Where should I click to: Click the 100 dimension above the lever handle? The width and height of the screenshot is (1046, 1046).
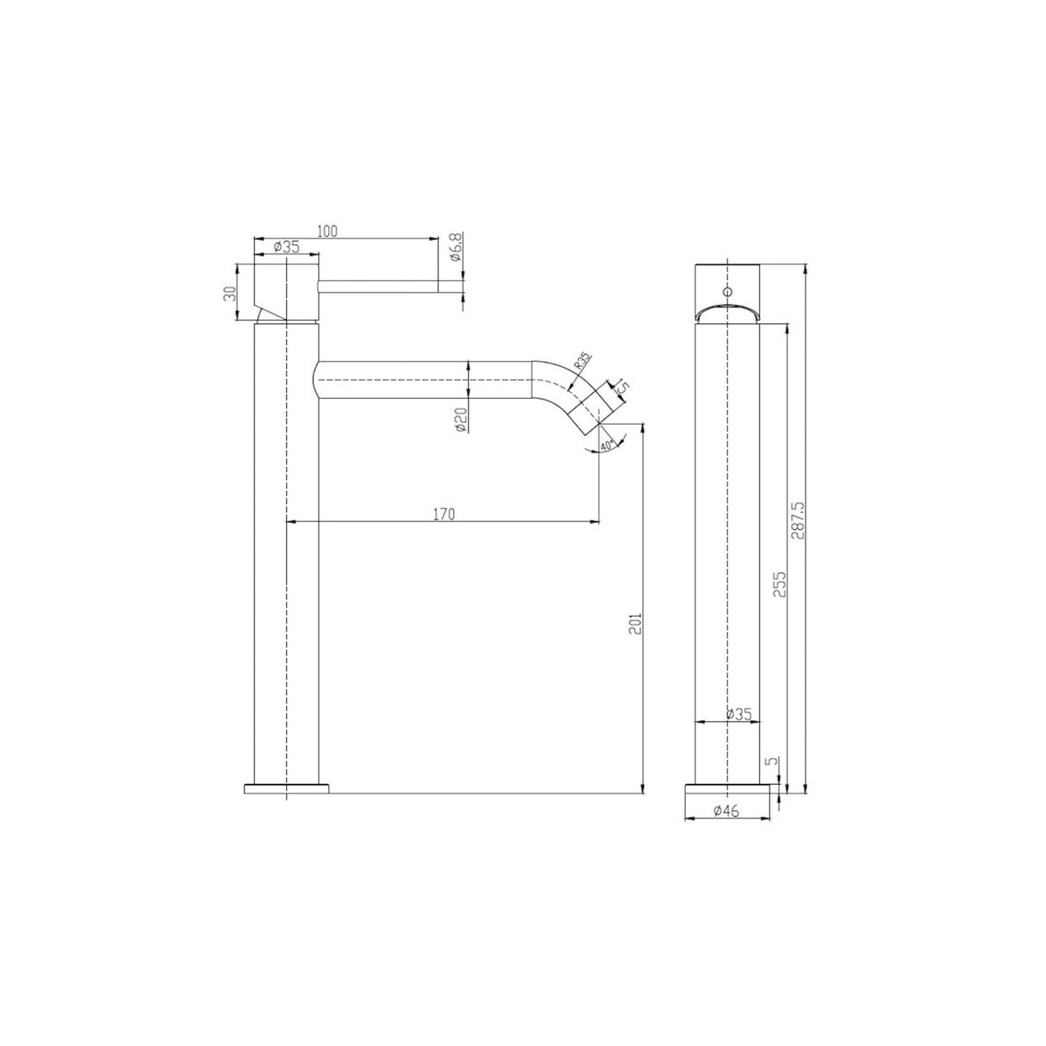pyautogui.click(x=327, y=230)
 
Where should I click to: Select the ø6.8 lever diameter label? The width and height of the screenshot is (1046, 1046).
pyautogui.click(x=456, y=247)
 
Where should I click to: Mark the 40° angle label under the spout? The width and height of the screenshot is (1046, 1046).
pyautogui.click(x=607, y=445)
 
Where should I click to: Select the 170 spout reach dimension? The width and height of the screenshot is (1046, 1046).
pyautogui.click(x=443, y=514)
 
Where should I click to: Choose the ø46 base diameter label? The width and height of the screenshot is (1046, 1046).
pyautogui.click(x=727, y=810)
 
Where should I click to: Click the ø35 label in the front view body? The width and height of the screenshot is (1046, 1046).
pyautogui.click(x=738, y=713)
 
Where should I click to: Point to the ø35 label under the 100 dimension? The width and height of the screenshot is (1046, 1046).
pyautogui.click(x=286, y=247)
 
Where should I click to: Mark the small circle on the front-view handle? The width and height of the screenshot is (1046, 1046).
pyautogui.click(x=728, y=292)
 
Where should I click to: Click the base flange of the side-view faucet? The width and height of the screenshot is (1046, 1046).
pyautogui.click(x=287, y=788)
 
